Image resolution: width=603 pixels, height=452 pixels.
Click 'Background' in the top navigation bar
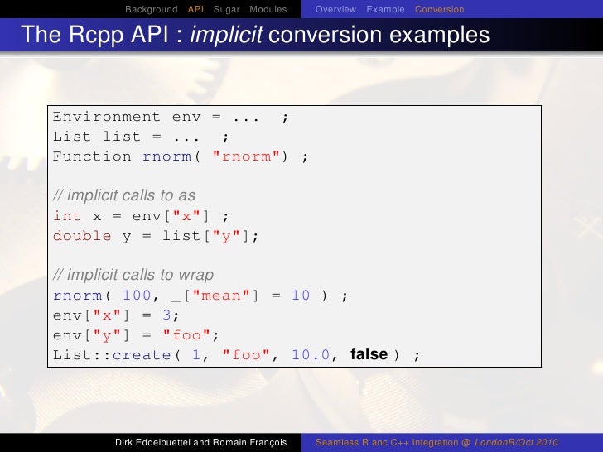click(152, 9)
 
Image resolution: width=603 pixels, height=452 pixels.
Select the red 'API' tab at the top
click(195, 9)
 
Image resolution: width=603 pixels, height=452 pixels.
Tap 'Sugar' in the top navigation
click(226, 9)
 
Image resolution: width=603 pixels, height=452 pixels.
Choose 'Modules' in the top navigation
click(268, 9)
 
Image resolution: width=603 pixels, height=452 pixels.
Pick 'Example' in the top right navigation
click(385, 9)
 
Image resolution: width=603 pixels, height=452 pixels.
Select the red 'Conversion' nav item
click(439, 9)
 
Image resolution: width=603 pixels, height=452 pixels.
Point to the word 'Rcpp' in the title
click(95, 36)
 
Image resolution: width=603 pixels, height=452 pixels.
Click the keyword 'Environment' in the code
click(107, 117)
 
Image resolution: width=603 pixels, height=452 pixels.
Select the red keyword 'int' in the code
click(67, 216)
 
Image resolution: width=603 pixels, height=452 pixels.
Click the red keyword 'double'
click(82, 236)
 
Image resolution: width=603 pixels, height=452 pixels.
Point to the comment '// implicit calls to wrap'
click(133, 275)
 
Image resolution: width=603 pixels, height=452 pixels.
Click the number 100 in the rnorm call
click(137, 296)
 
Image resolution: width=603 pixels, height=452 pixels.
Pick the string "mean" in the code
click(220, 296)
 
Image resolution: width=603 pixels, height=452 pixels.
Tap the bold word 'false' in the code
click(369, 354)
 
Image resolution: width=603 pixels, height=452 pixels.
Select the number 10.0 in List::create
click(311, 355)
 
